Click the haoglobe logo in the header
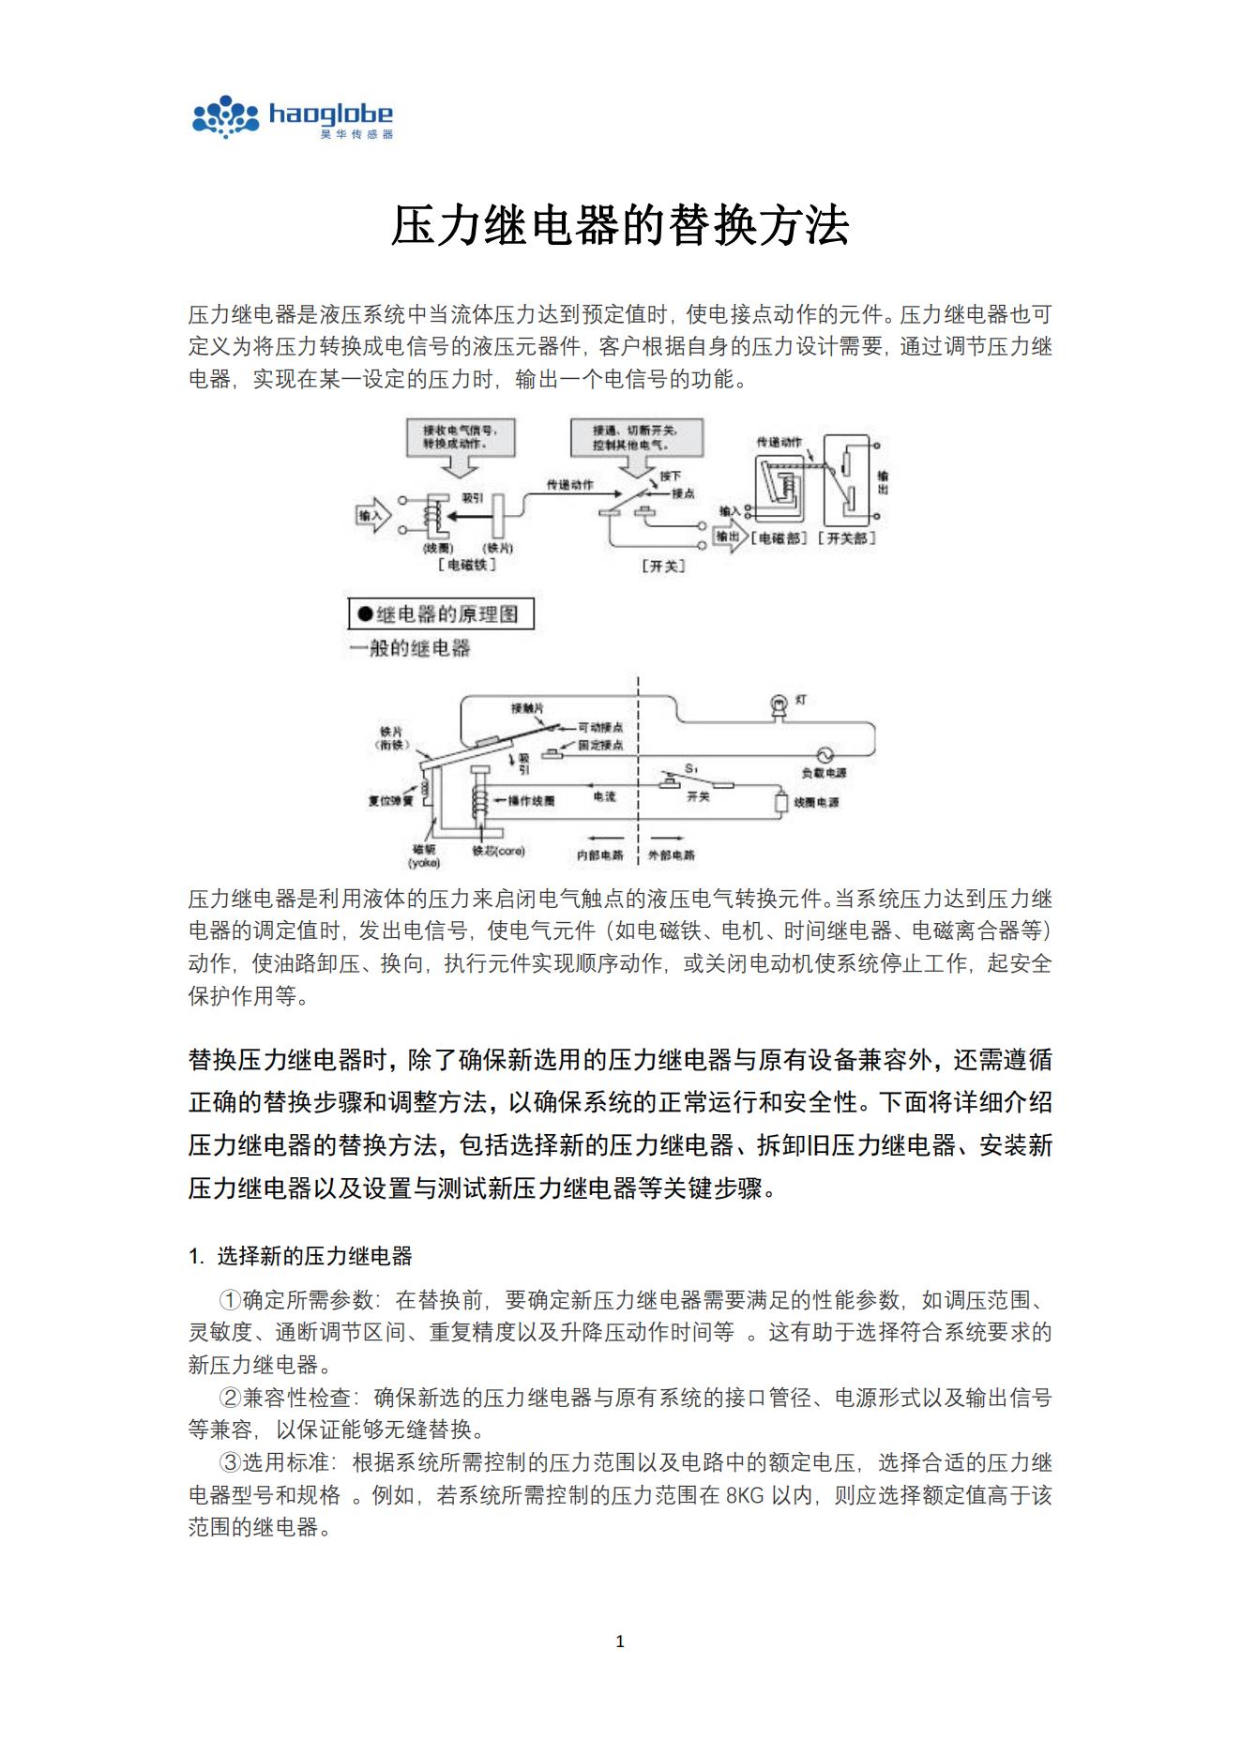pyautogui.click(x=292, y=117)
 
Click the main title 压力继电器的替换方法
pyautogui.click(x=620, y=226)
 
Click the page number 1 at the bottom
pyautogui.click(x=619, y=1641)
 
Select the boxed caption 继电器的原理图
pyautogui.click(x=441, y=614)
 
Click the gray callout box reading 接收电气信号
pyautogui.click(x=461, y=436)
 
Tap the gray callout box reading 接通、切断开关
pyautogui.click(x=636, y=436)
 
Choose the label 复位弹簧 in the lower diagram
pyautogui.click(x=390, y=801)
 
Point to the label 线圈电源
pyautogui.click(x=816, y=803)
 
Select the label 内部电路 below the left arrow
pyautogui.click(x=600, y=855)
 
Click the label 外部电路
pyautogui.click(x=672, y=855)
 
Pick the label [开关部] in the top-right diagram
pyautogui.click(x=847, y=537)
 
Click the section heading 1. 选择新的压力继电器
pyautogui.click(x=301, y=1256)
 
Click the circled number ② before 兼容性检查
pyautogui.click(x=230, y=1398)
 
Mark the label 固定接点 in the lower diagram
pyautogui.click(x=600, y=746)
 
